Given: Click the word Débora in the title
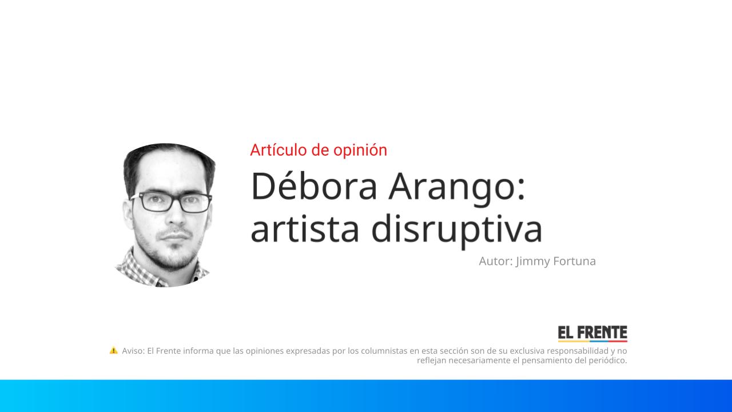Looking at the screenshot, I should [314, 187].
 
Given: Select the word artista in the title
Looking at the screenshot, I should [304, 228].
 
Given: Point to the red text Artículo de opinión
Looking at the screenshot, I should [319, 150].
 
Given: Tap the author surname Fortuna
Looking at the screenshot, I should [574, 262].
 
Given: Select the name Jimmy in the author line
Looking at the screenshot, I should [532, 262].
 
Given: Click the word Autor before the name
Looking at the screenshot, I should [495, 262].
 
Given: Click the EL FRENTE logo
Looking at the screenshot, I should [592, 334].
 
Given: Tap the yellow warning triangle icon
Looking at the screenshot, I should [114, 350].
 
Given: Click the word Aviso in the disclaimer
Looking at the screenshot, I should [133, 351].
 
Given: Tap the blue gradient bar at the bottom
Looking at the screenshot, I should [366, 395].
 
